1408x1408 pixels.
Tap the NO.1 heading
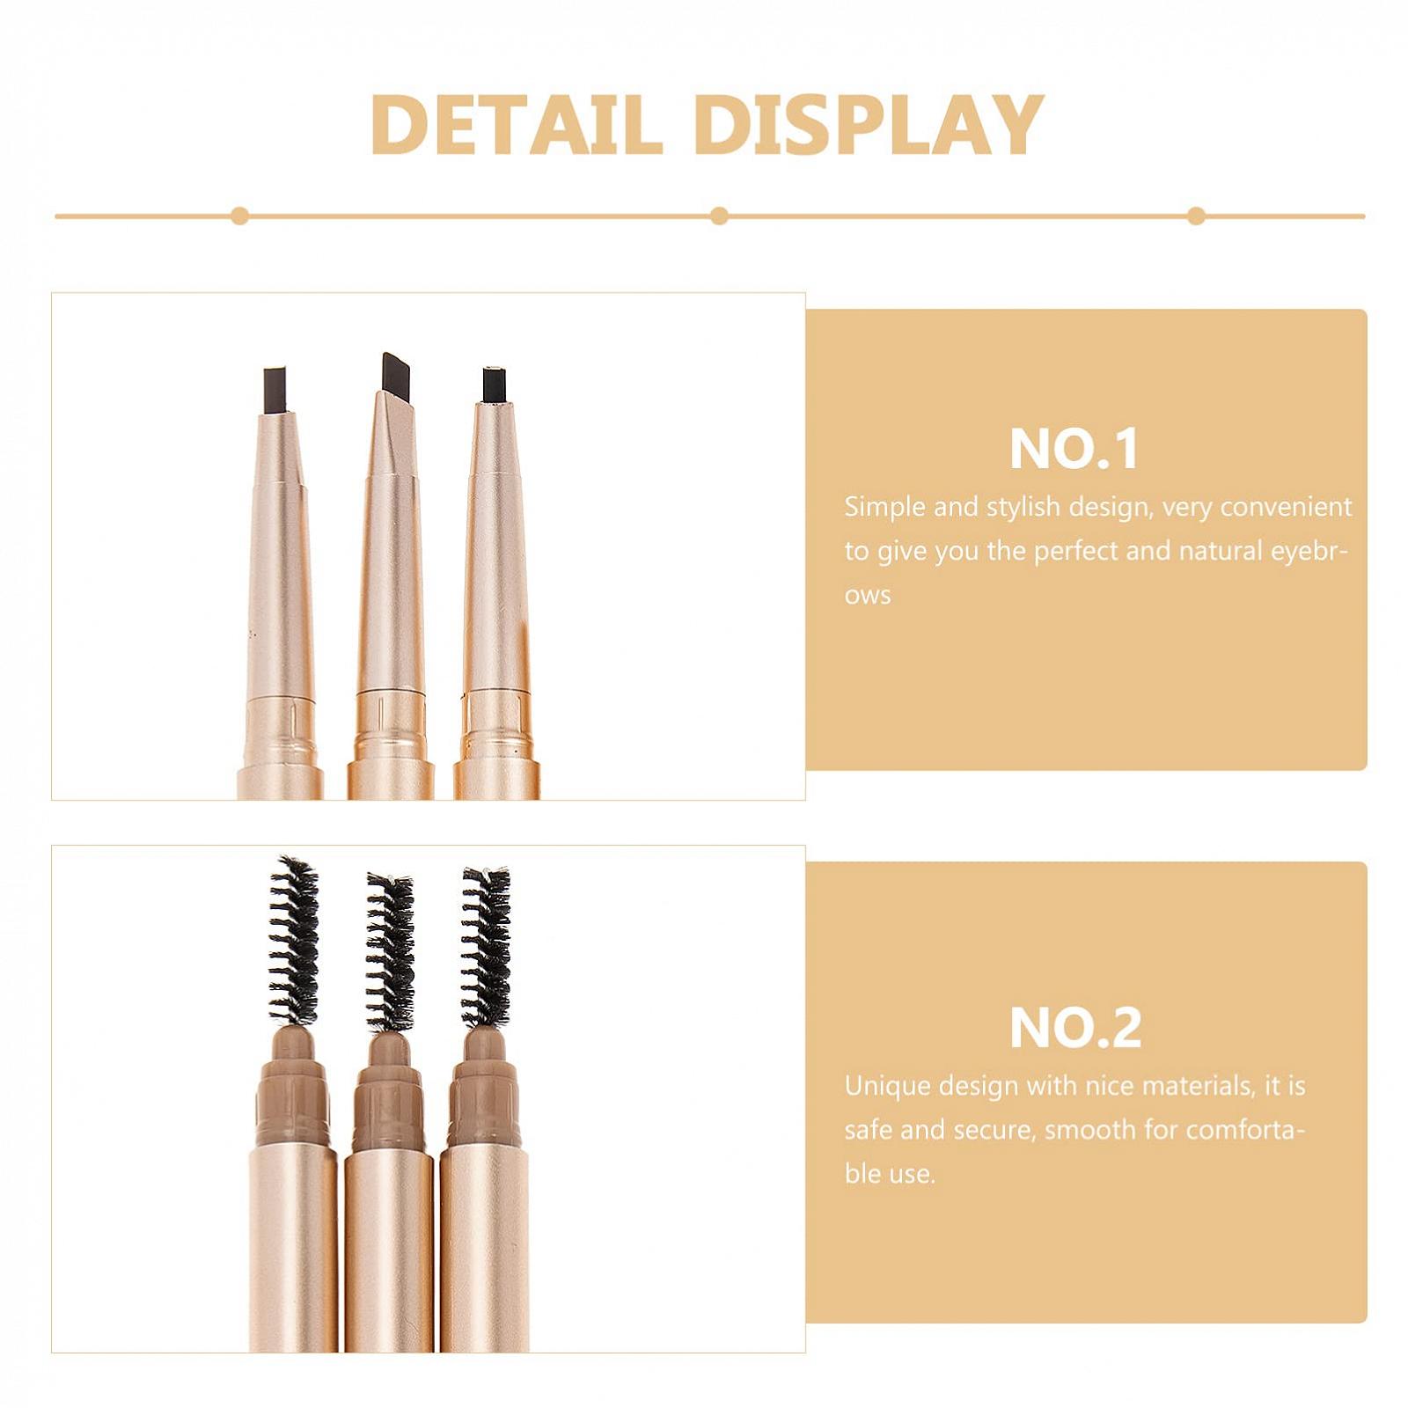1074,449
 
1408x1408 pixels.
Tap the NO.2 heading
1075,1027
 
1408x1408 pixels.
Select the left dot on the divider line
239,216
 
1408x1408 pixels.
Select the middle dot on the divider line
719,216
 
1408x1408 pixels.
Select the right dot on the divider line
1196,216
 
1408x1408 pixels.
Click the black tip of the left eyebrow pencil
275,390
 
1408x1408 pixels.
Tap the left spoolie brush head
294,941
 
